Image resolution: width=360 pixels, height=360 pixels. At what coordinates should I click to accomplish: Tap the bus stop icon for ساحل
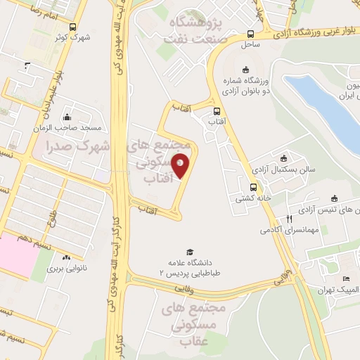[x=251, y=34]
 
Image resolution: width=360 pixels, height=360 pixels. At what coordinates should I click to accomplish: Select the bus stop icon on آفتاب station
[x=217, y=111]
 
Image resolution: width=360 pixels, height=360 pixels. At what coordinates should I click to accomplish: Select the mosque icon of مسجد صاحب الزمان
[x=67, y=117]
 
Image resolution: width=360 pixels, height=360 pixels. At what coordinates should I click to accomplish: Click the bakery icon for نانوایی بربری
[x=66, y=257]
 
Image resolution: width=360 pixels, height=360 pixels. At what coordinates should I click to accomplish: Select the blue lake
[x=323, y=105]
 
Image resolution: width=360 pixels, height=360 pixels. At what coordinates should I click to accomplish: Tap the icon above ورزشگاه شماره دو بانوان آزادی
[x=245, y=69]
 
